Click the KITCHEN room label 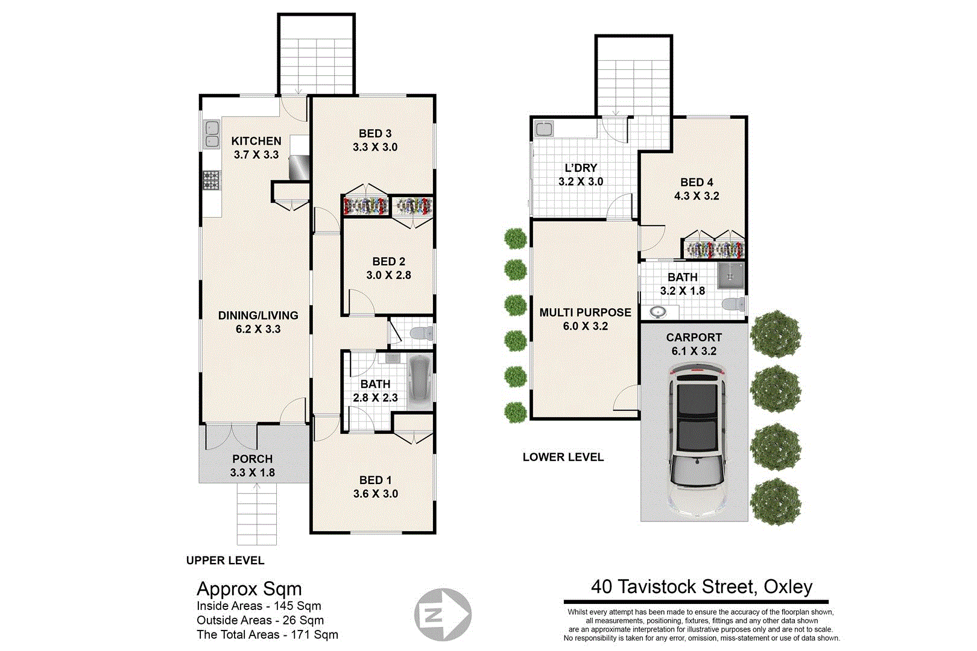click(x=256, y=141)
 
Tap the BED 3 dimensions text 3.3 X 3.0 click(x=375, y=147)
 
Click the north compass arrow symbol click(x=443, y=615)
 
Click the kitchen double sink click(x=212, y=134)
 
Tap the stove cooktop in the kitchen click(x=211, y=180)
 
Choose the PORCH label click(x=252, y=459)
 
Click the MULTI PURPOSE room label click(x=585, y=312)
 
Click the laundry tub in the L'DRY click(x=544, y=128)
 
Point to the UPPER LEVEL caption click(x=225, y=561)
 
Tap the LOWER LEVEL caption click(x=563, y=458)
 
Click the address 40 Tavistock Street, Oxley click(x=701, y=587)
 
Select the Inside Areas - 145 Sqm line click(x=259, y=606)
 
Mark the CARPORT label click(x=694, y=338)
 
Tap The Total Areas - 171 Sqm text click(x=267, y=635)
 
